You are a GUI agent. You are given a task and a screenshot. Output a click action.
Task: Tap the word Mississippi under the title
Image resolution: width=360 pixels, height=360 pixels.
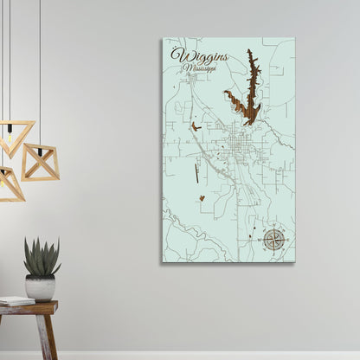[x=199, y=67]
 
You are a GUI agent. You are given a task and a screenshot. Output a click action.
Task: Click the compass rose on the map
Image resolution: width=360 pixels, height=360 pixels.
[x=274, y=238]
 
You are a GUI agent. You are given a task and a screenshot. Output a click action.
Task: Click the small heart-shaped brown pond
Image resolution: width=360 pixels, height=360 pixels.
[x=201, y=198]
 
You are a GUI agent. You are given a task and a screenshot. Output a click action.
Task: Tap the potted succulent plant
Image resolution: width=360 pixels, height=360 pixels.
[x=42, y=257]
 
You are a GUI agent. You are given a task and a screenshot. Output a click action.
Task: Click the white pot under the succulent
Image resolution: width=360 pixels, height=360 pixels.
[x=41, y=287]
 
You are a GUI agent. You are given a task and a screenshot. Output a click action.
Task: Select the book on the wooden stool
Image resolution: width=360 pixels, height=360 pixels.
[x=16, y=300]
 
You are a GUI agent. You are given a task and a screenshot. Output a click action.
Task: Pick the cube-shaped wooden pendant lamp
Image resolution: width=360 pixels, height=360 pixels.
[x=40, y=161]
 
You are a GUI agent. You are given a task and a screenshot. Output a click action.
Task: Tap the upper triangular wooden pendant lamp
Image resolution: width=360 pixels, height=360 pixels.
[x=15, y=137]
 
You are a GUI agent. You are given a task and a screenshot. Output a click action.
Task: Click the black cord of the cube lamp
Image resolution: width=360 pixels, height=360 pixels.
[x=39, y=69]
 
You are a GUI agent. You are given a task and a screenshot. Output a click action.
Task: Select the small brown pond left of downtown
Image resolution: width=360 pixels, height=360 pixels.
[x=197, y=127]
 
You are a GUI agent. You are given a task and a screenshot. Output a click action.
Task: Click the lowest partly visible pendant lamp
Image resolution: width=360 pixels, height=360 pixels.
[x=10, y=183]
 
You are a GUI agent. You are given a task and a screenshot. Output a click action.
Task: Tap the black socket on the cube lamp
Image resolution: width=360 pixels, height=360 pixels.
[x=39, y=146]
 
